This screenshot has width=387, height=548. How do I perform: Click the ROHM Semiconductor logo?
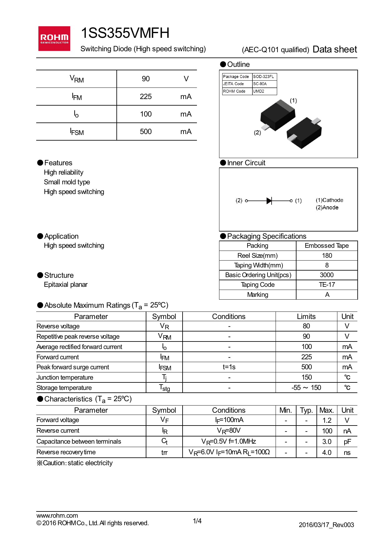coord(54,38)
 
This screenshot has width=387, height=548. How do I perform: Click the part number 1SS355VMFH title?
coord(125,33)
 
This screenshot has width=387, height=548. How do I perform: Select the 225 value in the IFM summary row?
coord(146,97)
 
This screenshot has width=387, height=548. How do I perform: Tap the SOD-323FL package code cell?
coord(264,77)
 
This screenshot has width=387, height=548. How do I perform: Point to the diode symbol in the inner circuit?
coord(269,201)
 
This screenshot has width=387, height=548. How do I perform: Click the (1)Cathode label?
coord(329,200)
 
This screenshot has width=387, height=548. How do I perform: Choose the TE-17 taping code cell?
coord(327,285)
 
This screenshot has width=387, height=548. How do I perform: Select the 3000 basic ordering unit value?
coord(327,275)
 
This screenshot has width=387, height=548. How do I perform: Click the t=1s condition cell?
coord(229,367)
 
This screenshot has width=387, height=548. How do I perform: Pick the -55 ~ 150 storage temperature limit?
coord(306,388)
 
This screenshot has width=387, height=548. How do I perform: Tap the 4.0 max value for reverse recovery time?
coord(327,452)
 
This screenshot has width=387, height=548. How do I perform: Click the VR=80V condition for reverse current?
coord(229,431)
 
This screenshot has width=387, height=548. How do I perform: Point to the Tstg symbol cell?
coord(164,388)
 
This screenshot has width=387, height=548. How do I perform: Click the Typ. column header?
coord(306,410)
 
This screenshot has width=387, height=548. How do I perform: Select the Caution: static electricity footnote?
coord(75,463)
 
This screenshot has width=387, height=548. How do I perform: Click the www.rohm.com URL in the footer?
coord(57,516)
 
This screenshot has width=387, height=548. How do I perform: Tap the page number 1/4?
coord(197,521)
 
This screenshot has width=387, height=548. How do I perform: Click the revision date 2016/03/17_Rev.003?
coord(326,525)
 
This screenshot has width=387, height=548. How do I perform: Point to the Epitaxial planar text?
coord(66,285)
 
